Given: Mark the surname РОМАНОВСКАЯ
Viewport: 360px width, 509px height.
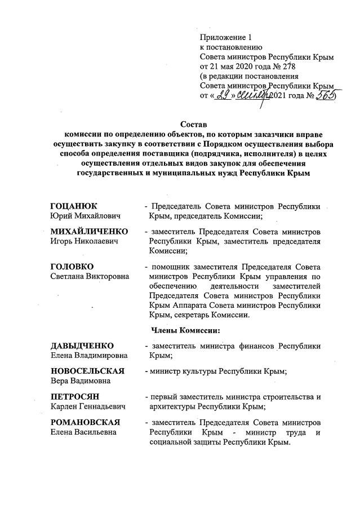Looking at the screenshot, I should tap(83, 422).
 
